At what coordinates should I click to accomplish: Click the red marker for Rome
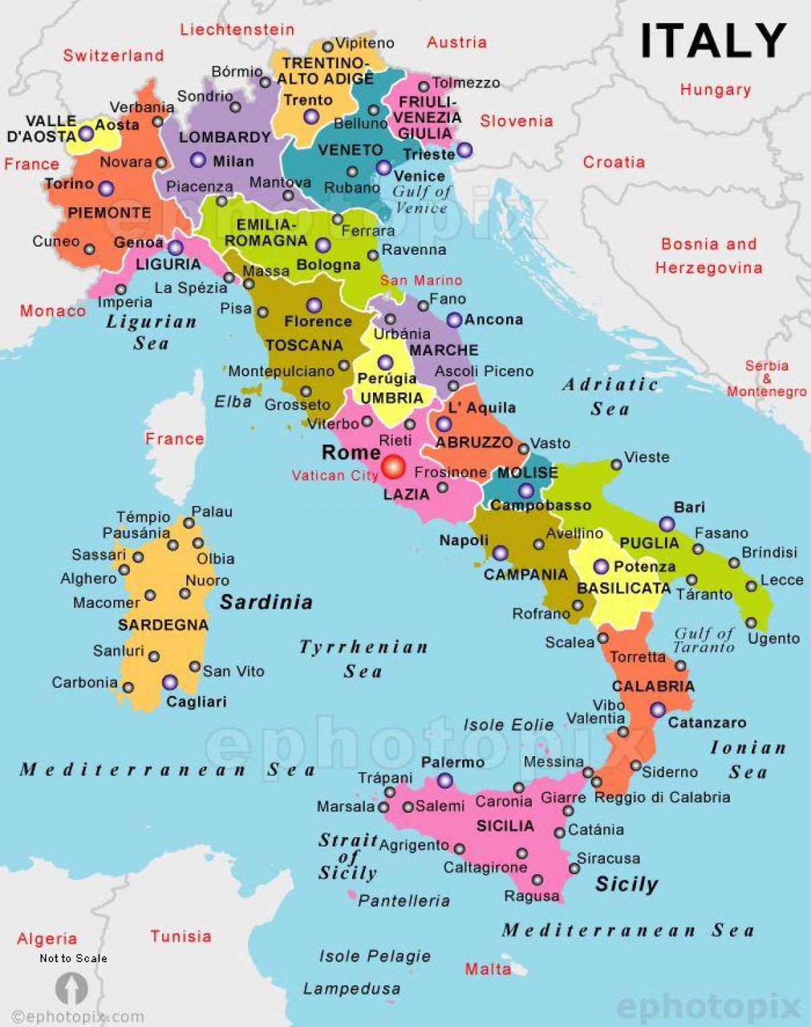tap(393, 466)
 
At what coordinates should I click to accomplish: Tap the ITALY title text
tap(712, 41)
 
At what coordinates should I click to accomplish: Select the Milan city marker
tap(198, 160)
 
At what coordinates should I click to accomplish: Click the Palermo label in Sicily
tap(452, 762)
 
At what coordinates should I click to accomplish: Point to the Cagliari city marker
tap(170, 682)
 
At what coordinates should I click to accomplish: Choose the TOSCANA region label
tap(304, 345)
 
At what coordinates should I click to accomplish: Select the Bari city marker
tap(667, 524)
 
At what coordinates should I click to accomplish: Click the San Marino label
tap(421, 280)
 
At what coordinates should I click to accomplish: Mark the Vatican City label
tap(335, 476)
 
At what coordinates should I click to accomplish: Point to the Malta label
tap(487, 969)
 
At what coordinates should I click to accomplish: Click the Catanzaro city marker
tap(658, 710)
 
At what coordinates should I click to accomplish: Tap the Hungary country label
tap(715, 89)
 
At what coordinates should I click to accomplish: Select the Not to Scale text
tap(73, 958)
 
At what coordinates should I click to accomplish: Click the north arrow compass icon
tap(71, 988)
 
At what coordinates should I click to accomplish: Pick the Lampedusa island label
tap(351, 988)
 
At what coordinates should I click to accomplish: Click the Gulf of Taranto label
tap(704, 640)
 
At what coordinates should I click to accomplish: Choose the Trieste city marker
tap(464, 150)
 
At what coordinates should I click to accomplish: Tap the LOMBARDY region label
tap(224, 137)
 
